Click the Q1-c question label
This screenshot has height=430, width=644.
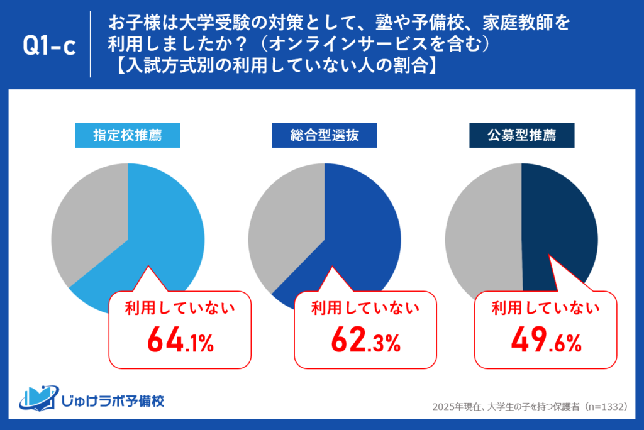[48, 45]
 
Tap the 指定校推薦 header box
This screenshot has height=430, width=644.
[128, 135]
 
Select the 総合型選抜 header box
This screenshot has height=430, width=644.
[325, 135]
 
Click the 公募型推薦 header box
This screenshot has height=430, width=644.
[521, 135]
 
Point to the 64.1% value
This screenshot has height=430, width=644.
[180, 341]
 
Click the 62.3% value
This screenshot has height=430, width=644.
[365, 341]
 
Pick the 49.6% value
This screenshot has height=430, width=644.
[545, 341]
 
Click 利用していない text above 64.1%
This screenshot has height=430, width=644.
[180, 308]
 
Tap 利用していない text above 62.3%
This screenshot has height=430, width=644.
[365, 308]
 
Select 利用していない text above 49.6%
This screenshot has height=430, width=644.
[545, 308]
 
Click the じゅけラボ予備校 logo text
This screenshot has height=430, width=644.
[113, 400]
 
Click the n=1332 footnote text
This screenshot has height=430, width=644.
[529, 407]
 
